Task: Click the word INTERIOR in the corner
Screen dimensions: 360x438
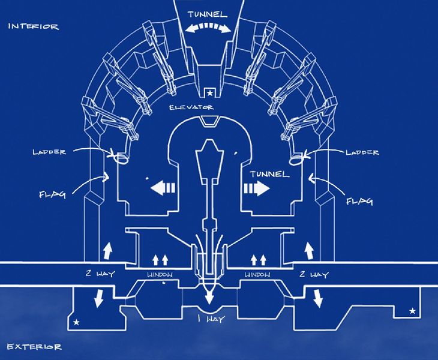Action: coord(33,26)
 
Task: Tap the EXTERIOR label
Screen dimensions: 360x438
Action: coord(34,347)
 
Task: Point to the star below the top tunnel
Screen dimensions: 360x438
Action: coord(209,93)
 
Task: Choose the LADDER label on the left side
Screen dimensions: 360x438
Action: coord(49,152)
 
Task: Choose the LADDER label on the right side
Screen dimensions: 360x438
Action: coord(362,152)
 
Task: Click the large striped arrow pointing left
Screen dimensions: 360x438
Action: coord(163,188)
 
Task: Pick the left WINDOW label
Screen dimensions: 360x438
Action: coord(160,275)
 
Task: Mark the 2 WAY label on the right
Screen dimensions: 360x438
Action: coord(314,275)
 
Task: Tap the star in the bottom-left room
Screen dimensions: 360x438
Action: coord(76,323)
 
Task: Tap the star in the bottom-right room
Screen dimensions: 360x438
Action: coord(412,311)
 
